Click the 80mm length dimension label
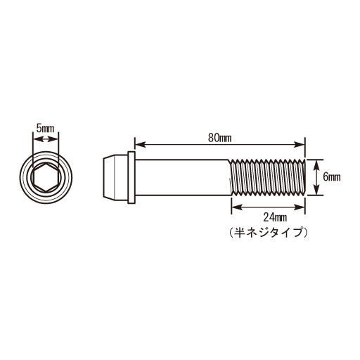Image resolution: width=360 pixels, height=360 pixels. pyautogui.click(x=220, y=136)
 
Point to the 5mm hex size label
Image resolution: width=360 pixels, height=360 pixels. pyautogui.click(x=46, y=129)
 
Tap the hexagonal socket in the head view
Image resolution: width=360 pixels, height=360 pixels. pyautogui.click(x=46, y=178)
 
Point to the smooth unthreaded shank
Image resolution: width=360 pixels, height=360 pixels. pyautogui.click(x=183, y=177)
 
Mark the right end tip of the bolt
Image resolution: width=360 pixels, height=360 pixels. pyautogui.click(x=304, y=177)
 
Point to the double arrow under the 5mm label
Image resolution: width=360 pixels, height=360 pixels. pyautogui.click(x=46, y=140)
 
